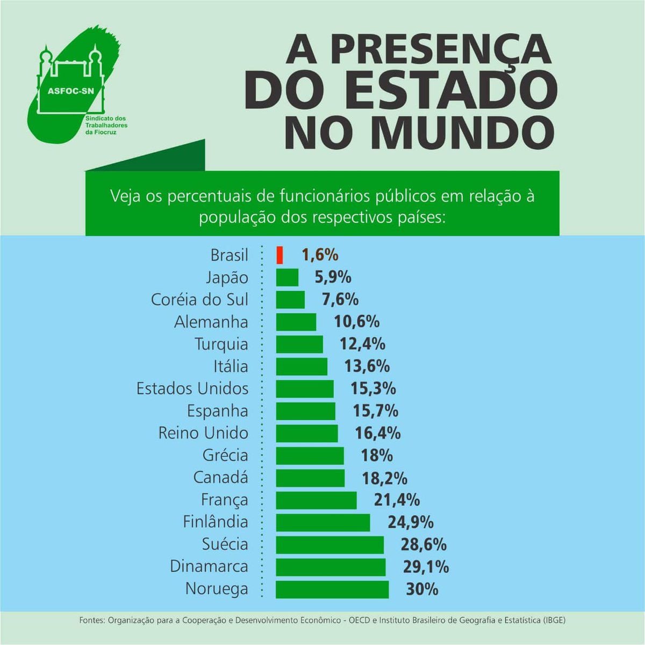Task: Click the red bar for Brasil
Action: tap(279, 255)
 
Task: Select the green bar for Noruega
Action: tap(332, 589)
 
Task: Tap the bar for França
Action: tap(316, 500)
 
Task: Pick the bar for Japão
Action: tap(287, 278)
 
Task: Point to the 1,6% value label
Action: tap(320, 255)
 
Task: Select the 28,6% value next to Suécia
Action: tap(423, 544)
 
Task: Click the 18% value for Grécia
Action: tap(376, 456)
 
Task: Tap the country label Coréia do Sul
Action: tap(199, 300)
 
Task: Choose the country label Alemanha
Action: tap(211, 322)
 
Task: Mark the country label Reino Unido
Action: tap(203, 433)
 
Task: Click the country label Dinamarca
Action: tap(209, 566)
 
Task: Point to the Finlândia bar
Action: tap(323, 522)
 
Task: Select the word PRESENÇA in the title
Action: tap(441, 49)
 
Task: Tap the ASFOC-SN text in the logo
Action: tap(70, 90)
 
